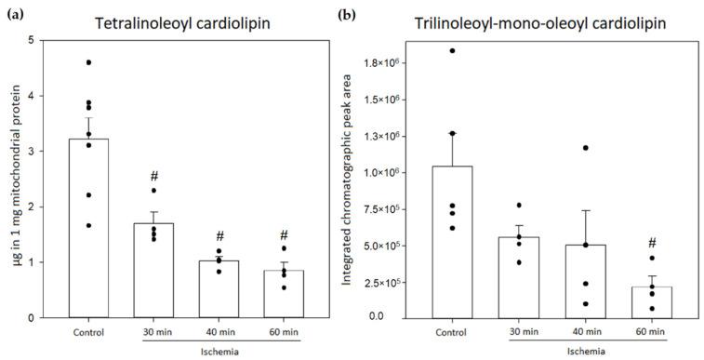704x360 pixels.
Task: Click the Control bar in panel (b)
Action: tap(449, 242)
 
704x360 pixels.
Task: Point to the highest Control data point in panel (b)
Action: tap(453, 51)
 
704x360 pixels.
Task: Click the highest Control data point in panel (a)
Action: tap(88, 62)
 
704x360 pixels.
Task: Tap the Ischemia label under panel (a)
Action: tap(219, 352)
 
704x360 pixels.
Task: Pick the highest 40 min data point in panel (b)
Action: tap(585, 148)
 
